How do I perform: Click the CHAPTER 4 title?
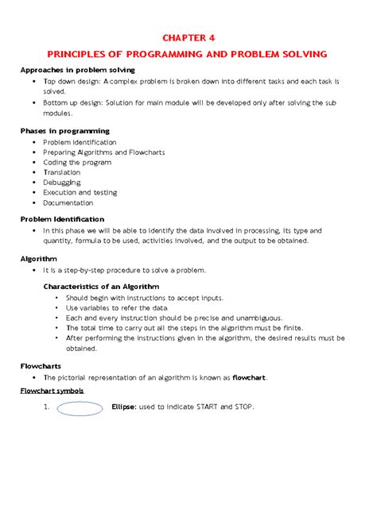click(x=188, y=37)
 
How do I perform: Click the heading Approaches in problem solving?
click(x=78, y=71)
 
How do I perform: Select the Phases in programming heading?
click(x=64, y=130)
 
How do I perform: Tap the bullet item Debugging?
click(x=62, y=181)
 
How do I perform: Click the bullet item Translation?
click(x=63, y=171)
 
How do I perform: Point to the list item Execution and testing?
click(x=80, y=192)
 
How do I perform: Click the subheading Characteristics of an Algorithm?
click(x=101, y=285)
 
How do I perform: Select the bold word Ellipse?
click(x=124, y=407)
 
